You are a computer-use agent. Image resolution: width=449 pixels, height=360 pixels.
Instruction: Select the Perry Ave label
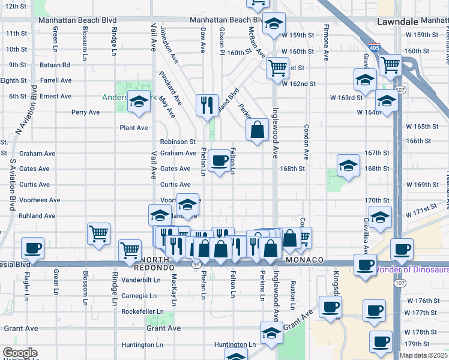coord(85,112)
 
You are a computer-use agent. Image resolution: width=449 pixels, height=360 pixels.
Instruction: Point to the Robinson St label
coord(178,142)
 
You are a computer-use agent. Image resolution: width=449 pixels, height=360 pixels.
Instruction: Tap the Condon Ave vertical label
coord(306,142)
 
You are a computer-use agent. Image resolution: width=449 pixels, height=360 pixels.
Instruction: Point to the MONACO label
coord(305,260)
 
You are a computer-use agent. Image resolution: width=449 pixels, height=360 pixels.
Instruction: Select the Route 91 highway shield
coord(196,264)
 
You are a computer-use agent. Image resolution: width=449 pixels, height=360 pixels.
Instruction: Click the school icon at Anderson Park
coord(139,102)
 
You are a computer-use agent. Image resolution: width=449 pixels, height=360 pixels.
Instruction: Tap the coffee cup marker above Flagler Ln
coord(33,247)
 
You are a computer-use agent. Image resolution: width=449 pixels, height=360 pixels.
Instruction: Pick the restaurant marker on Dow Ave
coord(207,104)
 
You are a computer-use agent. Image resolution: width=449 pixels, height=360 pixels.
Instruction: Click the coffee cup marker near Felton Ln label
coord(220,160)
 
